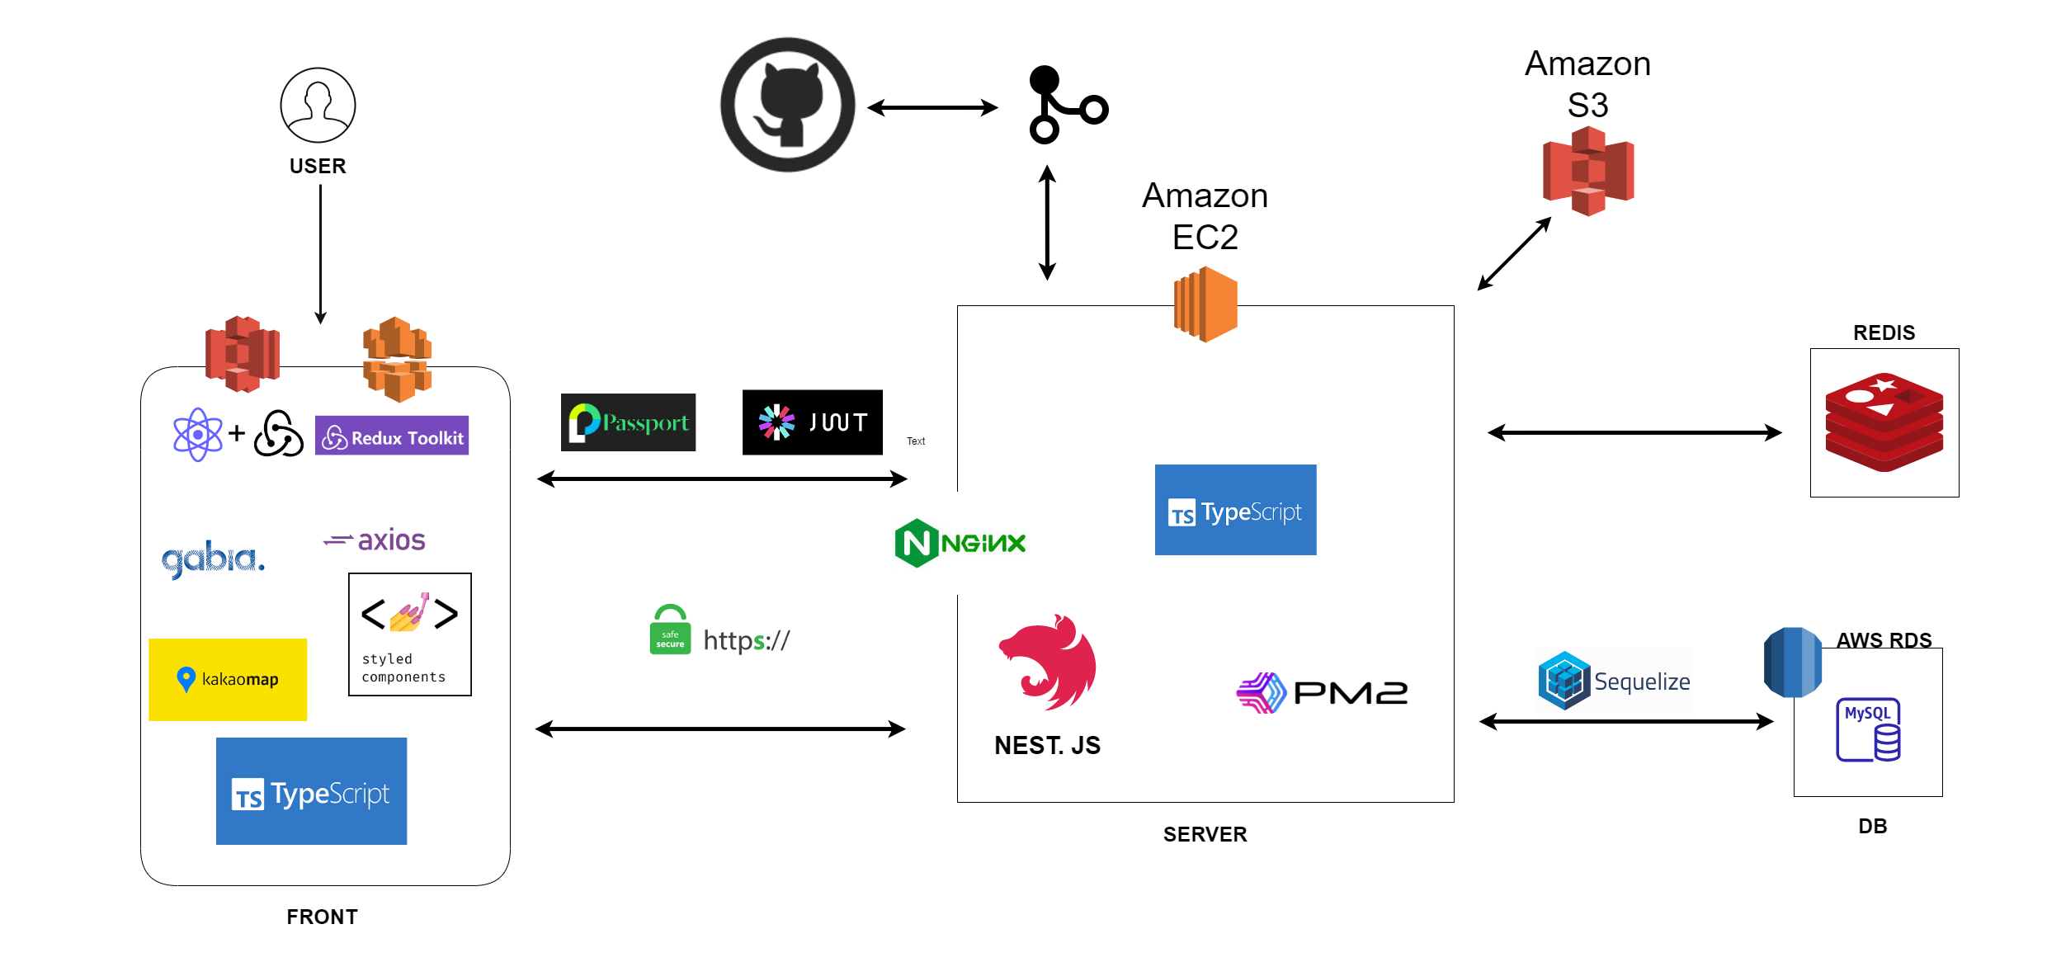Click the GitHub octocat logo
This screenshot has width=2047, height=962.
pos(788,105)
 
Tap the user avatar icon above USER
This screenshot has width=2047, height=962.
pos(318,106)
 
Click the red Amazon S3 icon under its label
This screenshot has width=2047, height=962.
pos(1588,172)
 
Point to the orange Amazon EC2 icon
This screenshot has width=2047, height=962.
pos(1205,304)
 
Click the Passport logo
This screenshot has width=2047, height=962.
pos(628,422)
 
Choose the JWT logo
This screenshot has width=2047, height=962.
pos(812,422)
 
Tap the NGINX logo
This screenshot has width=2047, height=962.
pos(960,543)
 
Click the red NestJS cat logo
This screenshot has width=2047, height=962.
pos(1048,662)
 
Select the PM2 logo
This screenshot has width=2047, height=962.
pos(1322,693)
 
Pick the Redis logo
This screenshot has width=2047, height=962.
pos(1884,422)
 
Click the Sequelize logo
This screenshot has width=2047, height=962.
pos(1614,681)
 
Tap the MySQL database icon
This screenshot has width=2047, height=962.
pos(1868,729)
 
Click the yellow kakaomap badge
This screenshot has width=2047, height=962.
pos(228,679)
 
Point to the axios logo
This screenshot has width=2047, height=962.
pos(375,540)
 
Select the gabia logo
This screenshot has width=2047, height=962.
pos(213,559)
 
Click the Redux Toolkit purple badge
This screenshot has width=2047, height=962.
pos(392,436)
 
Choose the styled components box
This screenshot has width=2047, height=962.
pos(410,634)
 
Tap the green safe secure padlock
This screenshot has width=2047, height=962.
pos(670,630)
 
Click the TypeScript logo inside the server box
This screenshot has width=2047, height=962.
pos(1235,510)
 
